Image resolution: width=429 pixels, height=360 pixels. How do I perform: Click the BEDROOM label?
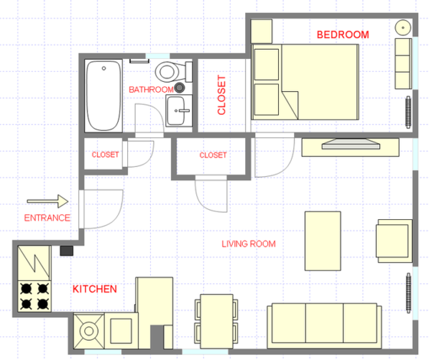[x=343, y=34]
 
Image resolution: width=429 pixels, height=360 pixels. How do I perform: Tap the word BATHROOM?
[x=151, y=90]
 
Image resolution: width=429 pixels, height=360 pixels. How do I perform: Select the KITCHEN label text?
[x=94, y=289]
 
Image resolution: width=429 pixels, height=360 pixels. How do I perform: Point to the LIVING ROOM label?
[x=248, y=244]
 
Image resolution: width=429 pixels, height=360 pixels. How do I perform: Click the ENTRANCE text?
[x=47, y=218]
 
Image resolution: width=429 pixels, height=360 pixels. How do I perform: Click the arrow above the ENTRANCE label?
[x=47, y=202]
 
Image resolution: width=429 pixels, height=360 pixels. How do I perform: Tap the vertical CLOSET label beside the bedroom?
[x=222, y=94]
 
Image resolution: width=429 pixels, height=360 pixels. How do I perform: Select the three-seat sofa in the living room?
[x=324, y=322]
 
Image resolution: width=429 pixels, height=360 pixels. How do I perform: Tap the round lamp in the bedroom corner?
[x=404, y=27]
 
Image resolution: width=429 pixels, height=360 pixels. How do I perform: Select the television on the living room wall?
[x=349, y=143]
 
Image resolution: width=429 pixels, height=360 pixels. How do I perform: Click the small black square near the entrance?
[x=67, y=250]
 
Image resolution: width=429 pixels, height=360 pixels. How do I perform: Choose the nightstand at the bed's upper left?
[x=261, y=31]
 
